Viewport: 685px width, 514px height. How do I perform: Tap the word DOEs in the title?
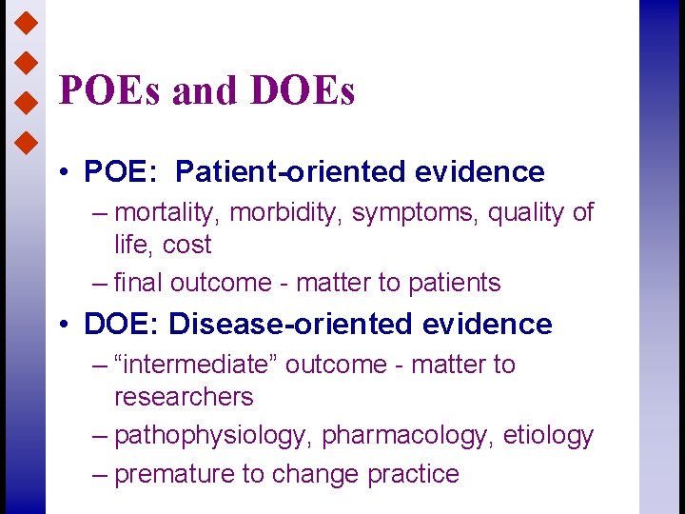pyautogui.click(x=302, y=91)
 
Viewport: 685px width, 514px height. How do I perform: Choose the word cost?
pyautogui.click(x=186, y=245)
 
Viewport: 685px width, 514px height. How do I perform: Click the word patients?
pyautogui.click(x=454, y=283)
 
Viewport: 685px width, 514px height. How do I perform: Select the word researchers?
pyautogui.click(x=184, y=397)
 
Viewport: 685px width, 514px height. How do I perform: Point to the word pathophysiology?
pyautogui.click(x=213, y=436)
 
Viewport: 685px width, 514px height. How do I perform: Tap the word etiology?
pyautogui.click(x=548, y=436)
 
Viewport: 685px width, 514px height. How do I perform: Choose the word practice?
pyautogui.click(x=411, y=474)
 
